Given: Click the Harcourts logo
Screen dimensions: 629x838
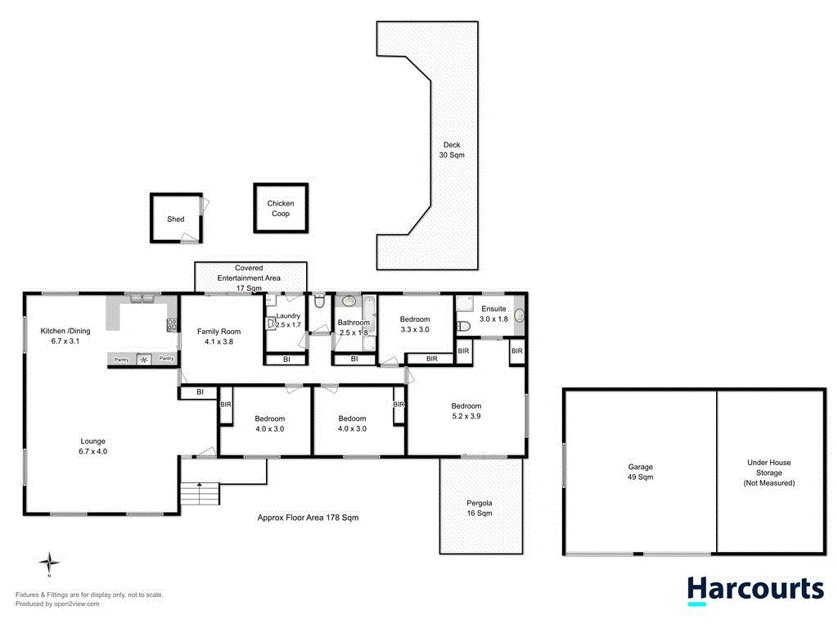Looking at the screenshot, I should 755,590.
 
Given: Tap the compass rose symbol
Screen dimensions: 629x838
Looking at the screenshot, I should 50,563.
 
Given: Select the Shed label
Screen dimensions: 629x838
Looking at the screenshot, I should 176,219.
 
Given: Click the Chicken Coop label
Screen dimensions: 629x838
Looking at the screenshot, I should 280,209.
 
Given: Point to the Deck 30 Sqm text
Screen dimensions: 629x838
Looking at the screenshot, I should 451,150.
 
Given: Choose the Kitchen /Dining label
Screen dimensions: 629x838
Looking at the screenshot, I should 65,336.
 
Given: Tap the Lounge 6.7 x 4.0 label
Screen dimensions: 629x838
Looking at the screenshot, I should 92,446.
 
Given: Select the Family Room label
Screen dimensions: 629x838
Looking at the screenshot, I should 219,337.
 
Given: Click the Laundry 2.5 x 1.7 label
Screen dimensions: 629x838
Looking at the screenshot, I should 288,320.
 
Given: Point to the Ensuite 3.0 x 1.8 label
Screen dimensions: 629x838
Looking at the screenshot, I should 493,314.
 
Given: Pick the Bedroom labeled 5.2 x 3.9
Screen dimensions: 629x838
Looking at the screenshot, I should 466,411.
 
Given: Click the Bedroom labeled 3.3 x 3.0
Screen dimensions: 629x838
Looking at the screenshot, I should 415,324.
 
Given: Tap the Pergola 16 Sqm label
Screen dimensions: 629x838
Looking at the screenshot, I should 480,508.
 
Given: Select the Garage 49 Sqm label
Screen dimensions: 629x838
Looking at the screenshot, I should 639,472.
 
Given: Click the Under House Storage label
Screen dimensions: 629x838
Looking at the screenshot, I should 768,473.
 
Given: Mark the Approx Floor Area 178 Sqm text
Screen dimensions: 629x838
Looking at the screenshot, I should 308,518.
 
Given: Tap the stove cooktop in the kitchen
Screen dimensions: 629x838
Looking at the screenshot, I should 172,325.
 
